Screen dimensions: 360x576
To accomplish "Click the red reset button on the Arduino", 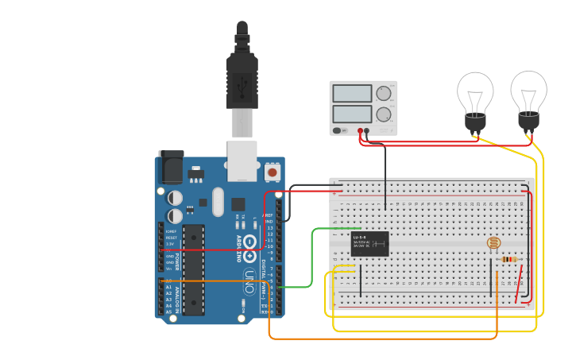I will click(273, 172).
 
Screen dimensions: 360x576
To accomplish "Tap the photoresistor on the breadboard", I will click(494, 244).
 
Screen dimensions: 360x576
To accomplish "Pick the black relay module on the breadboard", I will click(369, 244).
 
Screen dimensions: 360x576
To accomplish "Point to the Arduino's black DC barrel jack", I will click(170, 168).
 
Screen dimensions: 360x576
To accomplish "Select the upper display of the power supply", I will click(352, 94).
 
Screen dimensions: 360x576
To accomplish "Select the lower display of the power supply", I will click(352, 114).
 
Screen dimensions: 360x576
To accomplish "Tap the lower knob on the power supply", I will click(385, 114).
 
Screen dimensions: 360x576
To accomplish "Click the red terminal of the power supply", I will click(360, 130).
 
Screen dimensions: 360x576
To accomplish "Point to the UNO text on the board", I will click(249, 281).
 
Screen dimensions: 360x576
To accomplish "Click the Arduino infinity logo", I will click(249, 243).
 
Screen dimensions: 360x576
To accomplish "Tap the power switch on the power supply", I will click(338, 130).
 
